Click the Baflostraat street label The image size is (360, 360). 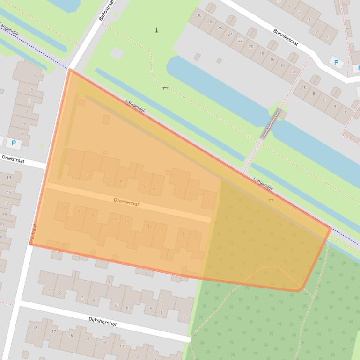106,10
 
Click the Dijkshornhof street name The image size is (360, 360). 103,321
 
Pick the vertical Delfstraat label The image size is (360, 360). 33,233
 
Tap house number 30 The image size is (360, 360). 199,15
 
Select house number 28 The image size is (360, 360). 209,22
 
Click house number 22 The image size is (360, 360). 240,40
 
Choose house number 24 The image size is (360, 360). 230,34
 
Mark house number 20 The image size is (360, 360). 251,47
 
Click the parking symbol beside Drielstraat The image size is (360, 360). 14,143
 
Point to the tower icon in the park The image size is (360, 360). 157,30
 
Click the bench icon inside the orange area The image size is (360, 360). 270,200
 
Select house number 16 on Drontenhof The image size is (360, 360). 81,212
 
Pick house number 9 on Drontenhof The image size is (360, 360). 195,237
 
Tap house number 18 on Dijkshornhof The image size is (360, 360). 35,328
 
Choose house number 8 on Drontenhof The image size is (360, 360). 190,193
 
